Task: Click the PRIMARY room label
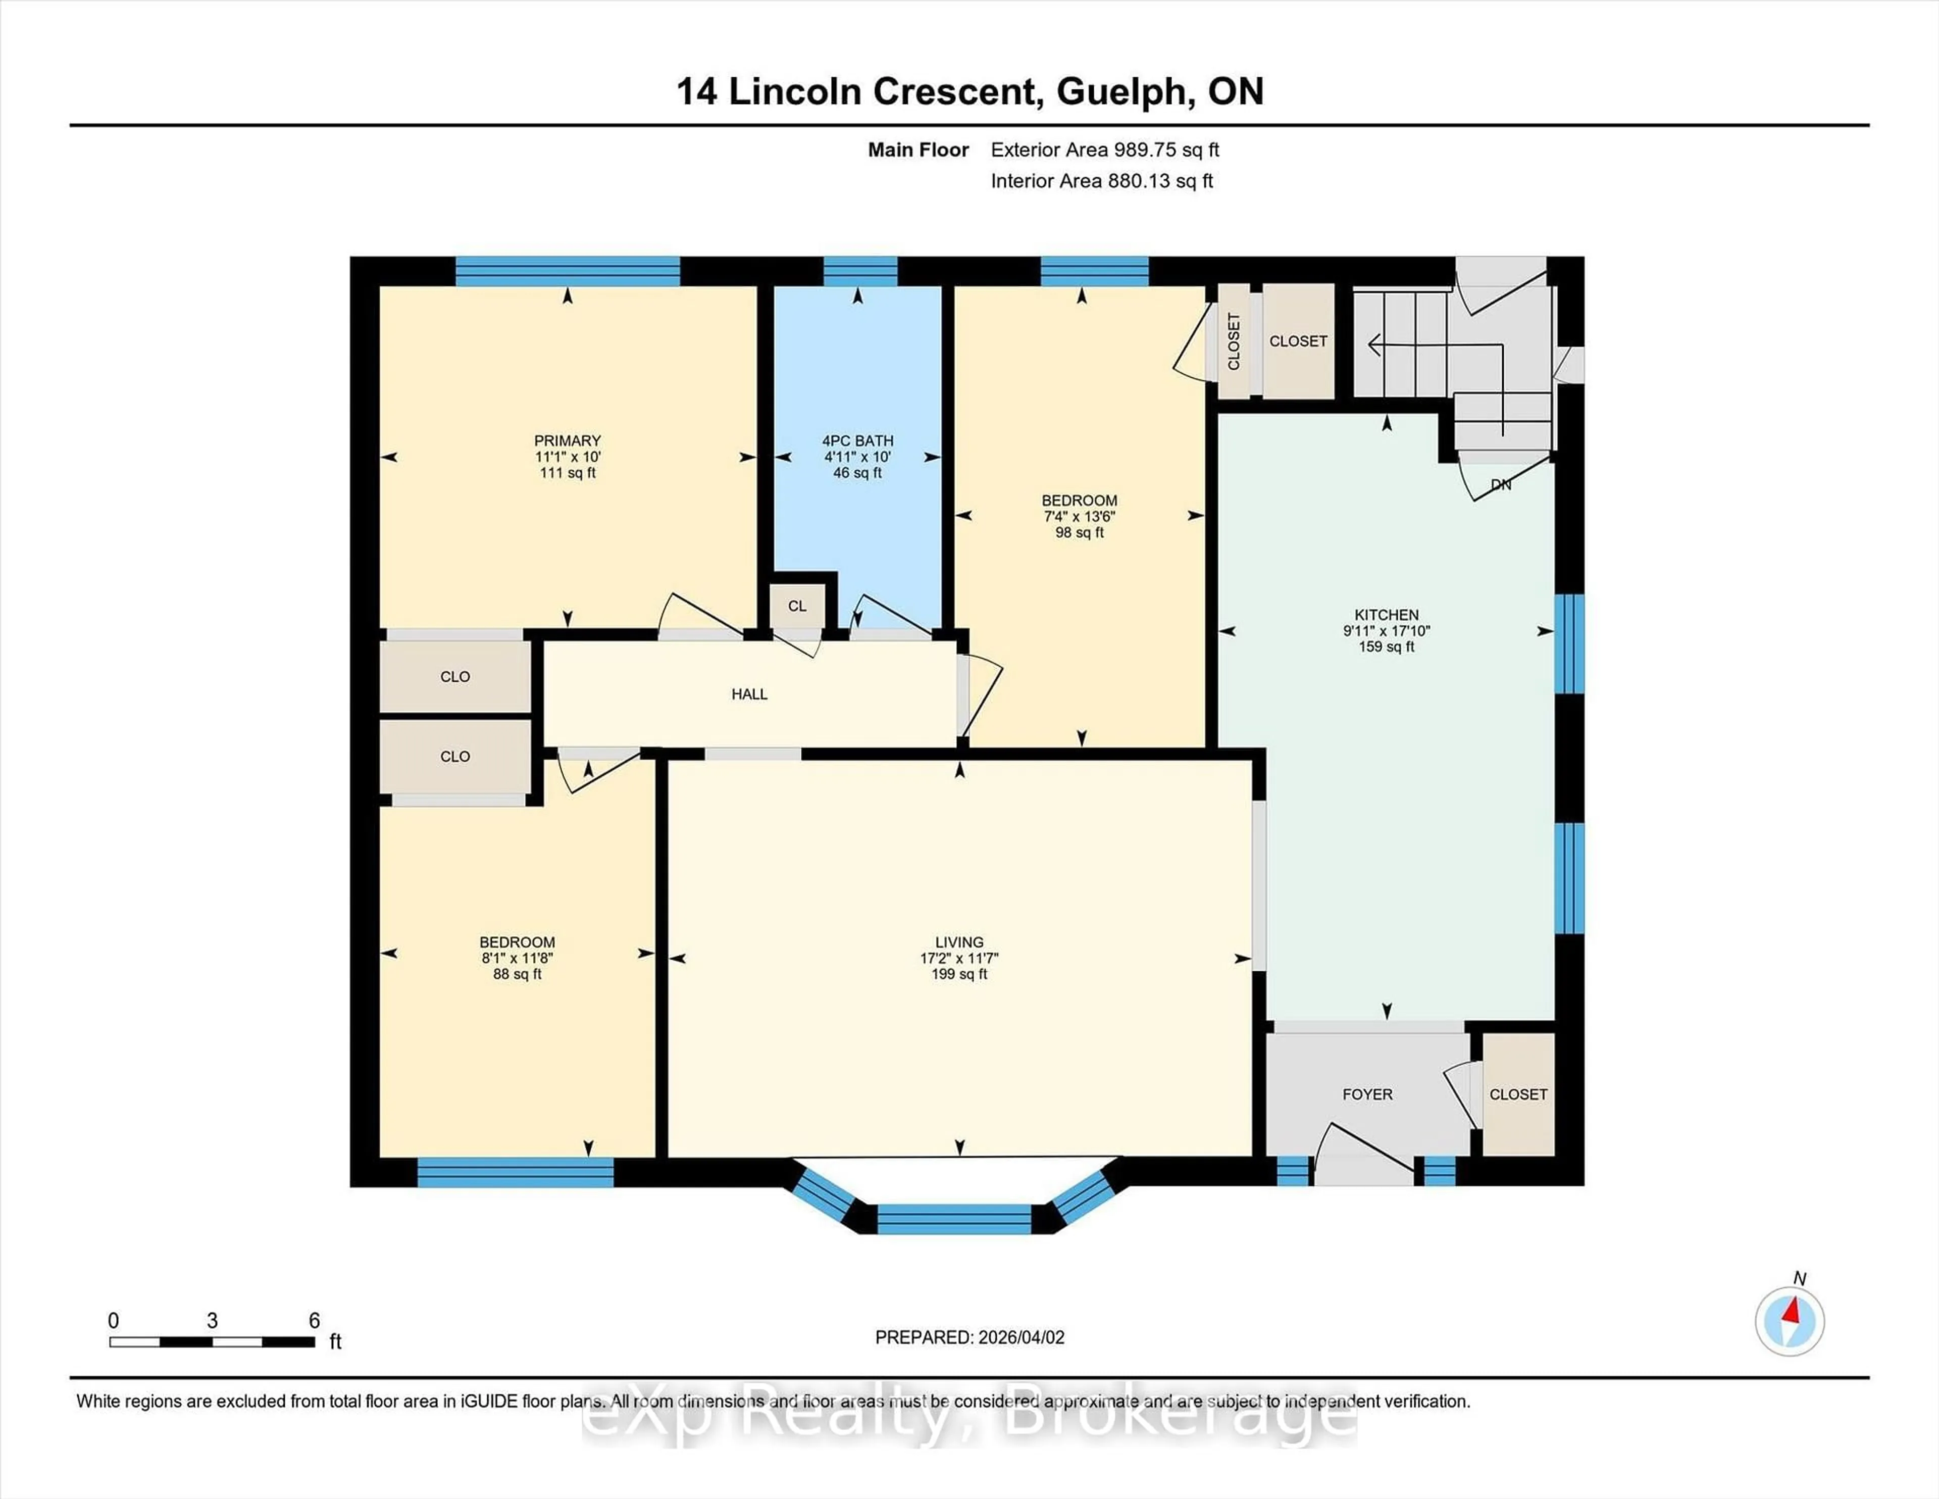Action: tap(568, 440)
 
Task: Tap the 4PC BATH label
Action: tap(857, 440)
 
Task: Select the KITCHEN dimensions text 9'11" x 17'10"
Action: tap(1386, 631)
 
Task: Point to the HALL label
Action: tap(749, 694)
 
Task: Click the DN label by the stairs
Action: tap(1500, 485)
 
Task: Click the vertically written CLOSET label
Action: tap(1233, 341)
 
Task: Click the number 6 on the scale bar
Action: tap(314, 1321)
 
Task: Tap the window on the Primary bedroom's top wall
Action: tap(568, 270)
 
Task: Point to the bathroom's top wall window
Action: tap(859, 270)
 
